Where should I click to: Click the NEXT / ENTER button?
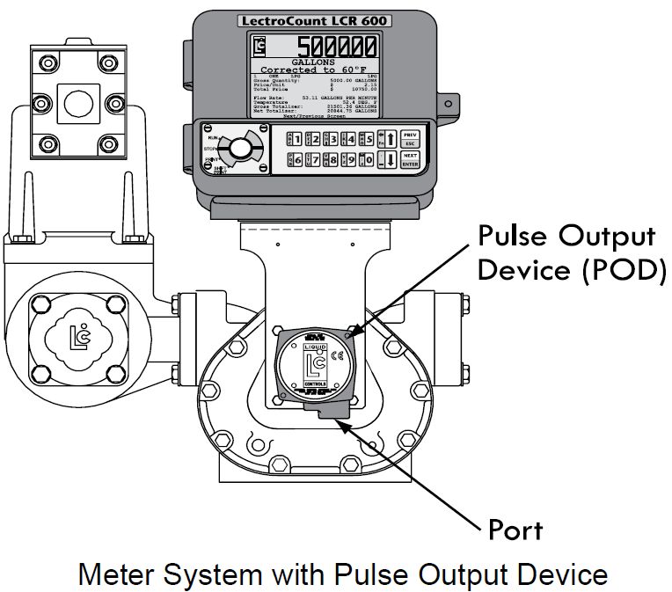pyautogui.click(x=411, y=159)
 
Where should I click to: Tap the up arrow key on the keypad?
pyautogui.click(x=389, y=138)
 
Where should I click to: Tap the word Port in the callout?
pyautogui.click(x=515, y=530)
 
